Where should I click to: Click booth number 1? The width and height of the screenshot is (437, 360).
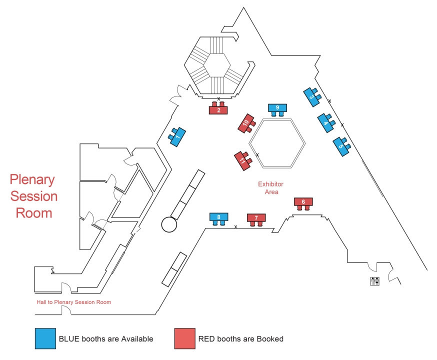tap(177, 136)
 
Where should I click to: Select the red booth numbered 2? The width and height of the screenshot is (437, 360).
tap(218, 110)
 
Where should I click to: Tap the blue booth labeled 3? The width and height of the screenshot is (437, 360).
tap(311, 97)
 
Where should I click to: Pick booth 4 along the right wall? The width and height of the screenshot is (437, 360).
tap(326, 123)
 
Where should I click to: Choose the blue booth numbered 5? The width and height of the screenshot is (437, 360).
tap(341, 147)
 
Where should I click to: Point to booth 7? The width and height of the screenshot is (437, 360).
tap(256, 218)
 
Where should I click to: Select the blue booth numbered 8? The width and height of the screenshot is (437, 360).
tap(219, 217)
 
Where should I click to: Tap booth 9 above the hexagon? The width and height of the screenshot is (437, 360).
tap(277, 107)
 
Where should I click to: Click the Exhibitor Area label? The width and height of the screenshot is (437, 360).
tap(270, 187)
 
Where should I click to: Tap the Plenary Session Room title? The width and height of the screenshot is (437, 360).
tap(34, 196)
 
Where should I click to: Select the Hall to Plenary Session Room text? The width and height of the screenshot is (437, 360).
tap(73, 302)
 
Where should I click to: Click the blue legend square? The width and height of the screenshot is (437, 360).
tap(45, 338)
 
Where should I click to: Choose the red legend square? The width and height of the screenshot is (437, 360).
tap(184, 338)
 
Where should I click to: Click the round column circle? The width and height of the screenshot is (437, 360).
tap(169, 224)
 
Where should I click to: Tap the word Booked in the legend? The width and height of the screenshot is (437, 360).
tap(269, 339)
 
